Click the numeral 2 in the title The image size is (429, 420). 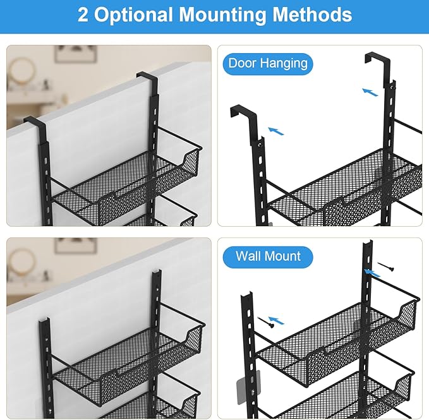click(83, 15)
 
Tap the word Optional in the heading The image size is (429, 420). click(133, 15)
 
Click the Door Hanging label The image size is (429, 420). click(268, 63)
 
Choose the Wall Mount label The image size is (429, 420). click(268, 256)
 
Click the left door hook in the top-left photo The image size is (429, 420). click(35, 122)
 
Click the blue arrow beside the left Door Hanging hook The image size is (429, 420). click(275, 131)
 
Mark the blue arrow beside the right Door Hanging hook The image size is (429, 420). click(370, 92)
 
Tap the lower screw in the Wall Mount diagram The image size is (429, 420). click(265, 322)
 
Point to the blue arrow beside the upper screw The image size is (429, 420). click(372, 273)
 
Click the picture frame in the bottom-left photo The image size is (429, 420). click(75, 245)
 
